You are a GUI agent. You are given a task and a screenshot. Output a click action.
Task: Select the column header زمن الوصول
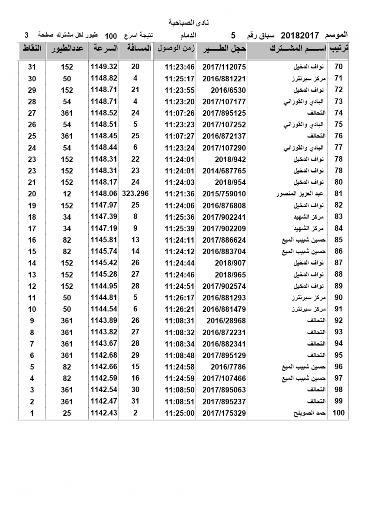(x=175, y=48)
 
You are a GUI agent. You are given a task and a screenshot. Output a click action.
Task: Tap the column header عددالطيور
(x=67, y=48)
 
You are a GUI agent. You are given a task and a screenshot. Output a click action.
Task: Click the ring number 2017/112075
(x=224, y=67)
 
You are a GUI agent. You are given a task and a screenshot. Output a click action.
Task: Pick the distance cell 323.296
(x=135, y=194)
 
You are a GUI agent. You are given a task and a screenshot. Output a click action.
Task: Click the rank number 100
(x=338, y=413)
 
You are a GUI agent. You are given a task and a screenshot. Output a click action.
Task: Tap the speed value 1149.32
(x=104, y=67)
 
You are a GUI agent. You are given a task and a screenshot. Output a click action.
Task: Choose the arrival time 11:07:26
(x=180, y=113)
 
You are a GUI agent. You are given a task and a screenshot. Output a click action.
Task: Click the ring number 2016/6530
(x=228, y=90)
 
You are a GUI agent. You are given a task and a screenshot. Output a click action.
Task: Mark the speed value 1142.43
(x=104, y=413)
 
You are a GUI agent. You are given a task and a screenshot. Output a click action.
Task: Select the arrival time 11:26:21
(x=180, y=309)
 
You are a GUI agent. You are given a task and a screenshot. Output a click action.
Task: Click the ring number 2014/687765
(x=224, y=171)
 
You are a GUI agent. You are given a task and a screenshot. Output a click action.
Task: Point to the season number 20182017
(x=300, y=35)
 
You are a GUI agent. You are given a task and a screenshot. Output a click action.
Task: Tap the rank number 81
(x=338, y=194)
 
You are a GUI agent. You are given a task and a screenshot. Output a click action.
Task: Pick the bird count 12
(x=67, y=194)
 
